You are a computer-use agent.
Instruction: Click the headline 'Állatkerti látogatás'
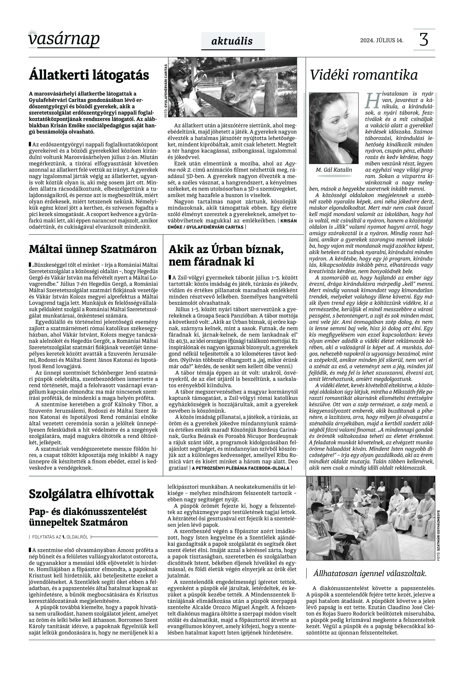(x=89, y=75)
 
